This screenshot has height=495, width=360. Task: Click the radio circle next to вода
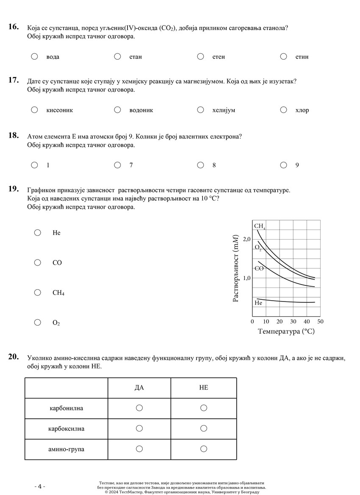(x=35, y=56)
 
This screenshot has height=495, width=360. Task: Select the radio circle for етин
(x=284, y=56)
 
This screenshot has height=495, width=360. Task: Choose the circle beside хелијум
(x=201, y=110)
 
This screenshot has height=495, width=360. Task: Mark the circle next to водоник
(x=118, y=110)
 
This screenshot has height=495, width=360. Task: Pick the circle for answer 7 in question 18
(x=118, y=165)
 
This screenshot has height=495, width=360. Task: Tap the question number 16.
(x=14, y=27)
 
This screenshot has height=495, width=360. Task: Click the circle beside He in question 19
(x=38, y=232)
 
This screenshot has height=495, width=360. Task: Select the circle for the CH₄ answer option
(x=38, y=293)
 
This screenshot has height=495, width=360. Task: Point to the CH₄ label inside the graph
(x=259, y=226)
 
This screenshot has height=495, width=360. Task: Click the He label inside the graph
(x=258, y=303)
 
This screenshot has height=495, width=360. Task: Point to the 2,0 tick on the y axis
(x=246, y=240)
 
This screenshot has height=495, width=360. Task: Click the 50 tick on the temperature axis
(x=320, y=322)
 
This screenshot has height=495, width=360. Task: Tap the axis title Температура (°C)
(x=286, y=332)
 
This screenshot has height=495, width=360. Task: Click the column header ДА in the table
(x=139, y=388)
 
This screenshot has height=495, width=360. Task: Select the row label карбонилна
(x=66, y=408)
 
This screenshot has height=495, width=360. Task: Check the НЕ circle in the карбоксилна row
(x=204, y=429)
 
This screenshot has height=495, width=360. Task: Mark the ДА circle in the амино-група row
(x=139, y=449)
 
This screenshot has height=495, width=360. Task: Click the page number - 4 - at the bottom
(x=39, y=487)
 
